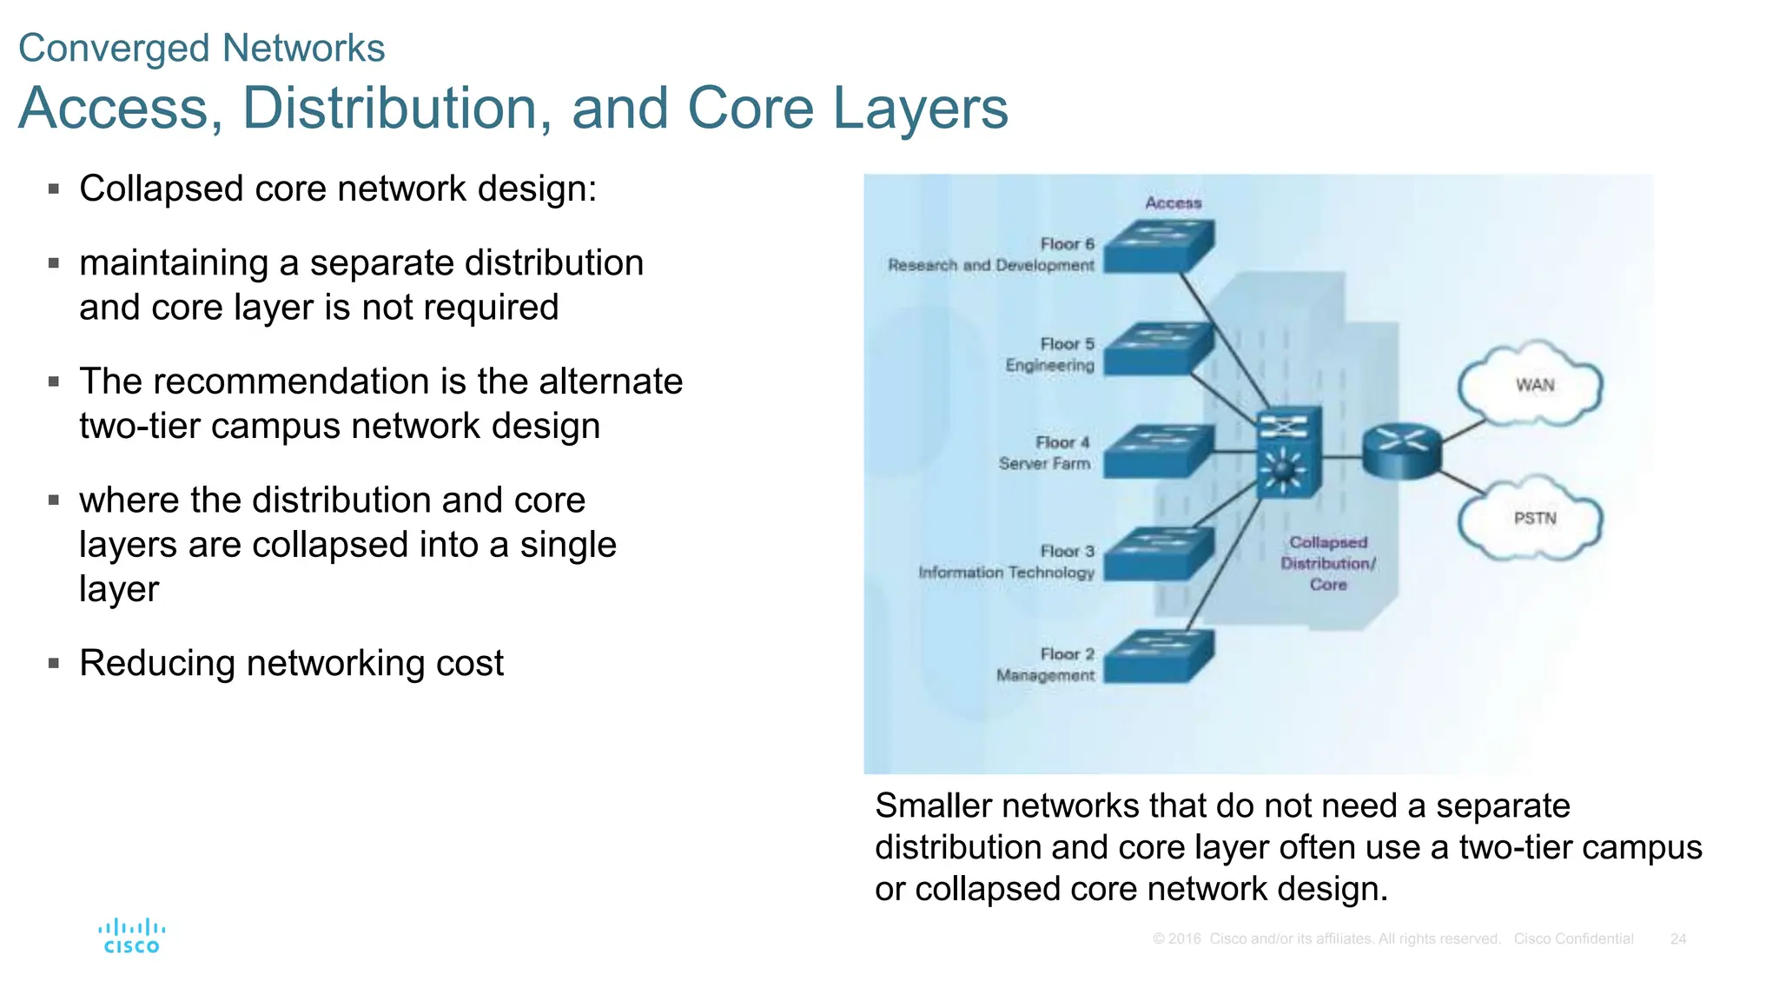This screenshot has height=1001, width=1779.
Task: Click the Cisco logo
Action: [131, 937]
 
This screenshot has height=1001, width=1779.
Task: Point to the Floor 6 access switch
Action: [1159, 246]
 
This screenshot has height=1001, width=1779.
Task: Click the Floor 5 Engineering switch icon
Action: [1159, 348]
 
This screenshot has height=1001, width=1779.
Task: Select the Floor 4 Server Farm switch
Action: [1159, 450]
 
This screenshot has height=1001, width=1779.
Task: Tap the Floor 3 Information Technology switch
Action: [1159, 554]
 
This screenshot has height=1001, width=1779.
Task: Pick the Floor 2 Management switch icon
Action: [1159, 656]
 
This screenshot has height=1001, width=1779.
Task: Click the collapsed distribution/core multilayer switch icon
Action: [1289, 452]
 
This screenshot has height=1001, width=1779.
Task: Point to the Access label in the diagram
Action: [1173, 203]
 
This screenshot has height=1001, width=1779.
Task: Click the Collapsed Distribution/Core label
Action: [1328, 563]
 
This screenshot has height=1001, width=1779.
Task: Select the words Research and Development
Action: [990, 265]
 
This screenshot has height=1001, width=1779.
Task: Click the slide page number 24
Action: [1677, 938]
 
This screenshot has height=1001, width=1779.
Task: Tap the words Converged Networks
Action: [202, 48]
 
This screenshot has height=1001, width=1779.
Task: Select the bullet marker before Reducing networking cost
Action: [54, 663]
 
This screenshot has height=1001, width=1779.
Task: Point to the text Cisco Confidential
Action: [1573, 938]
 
